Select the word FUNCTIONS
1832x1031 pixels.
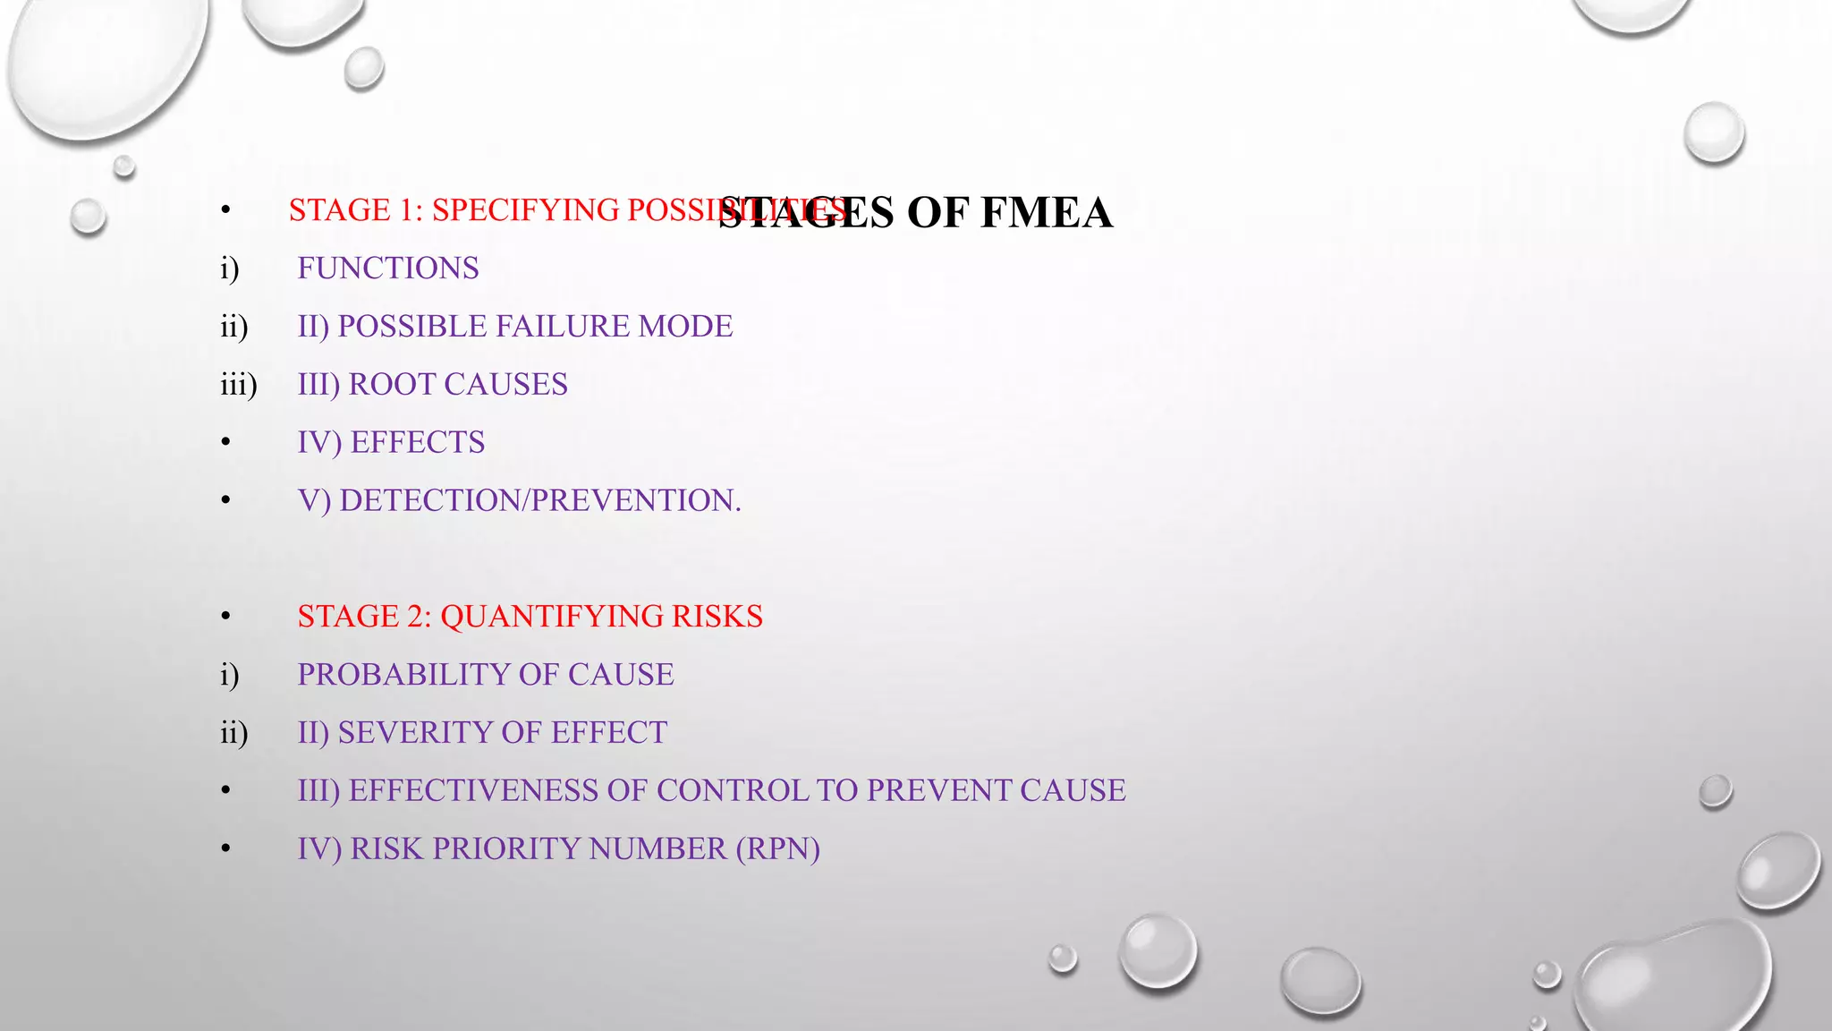pos(388,268)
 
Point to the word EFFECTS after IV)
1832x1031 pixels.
pos(418,443)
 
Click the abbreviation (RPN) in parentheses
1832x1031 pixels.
pos(777,849)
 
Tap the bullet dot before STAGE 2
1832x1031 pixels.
pos(226,617)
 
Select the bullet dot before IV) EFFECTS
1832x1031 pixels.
pos(226,443)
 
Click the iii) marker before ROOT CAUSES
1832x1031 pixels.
pos(238,385)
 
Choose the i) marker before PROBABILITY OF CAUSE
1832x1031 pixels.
pos(230,675)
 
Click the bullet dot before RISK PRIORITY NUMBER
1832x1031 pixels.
pos(226,849)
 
